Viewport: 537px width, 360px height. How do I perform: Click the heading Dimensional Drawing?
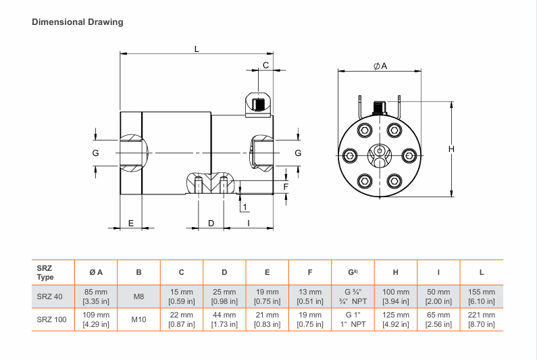pyautogui.click(x=78, y=22)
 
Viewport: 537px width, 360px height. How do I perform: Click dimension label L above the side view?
pyautogui.click(x=197, y=49)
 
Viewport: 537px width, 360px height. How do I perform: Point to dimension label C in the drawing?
pyautogui.click(x=266, y=65)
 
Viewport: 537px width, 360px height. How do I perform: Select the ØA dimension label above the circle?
pyautogui.click(x=380, y=66)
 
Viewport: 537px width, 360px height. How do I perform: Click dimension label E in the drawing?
pyautogui.click(x=131, y=223)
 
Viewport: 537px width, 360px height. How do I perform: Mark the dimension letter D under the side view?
pyautogui.click(x=211, y=223)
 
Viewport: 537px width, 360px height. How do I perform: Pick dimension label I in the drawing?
pyautogui.click(x=249, y=223)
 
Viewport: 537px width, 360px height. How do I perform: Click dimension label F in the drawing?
pyautogui.click(x=286, y=186)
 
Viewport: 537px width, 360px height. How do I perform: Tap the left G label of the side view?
pyautogui.click(x=96, y=153)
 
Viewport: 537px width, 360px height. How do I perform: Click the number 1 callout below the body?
pyautogui.click(x=244, y=207)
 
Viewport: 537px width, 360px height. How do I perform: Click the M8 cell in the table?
pyautogui.click(x=138, y=297)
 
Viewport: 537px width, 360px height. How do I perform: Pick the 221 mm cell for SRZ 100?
pyautogui.click(x=482, y=319)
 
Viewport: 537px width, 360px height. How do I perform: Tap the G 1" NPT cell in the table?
pyautogui.click(x=353, y=319)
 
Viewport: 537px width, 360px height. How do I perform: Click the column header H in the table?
pyautogui.click(x=395, y=273)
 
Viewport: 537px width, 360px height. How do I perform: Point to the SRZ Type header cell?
pyautogui.click(x=46, y=273)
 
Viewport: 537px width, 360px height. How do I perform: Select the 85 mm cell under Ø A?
pyautogui.click(x=96, y=297)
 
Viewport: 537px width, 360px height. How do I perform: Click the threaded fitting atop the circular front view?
pyautogui.click(x=380, y=107)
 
